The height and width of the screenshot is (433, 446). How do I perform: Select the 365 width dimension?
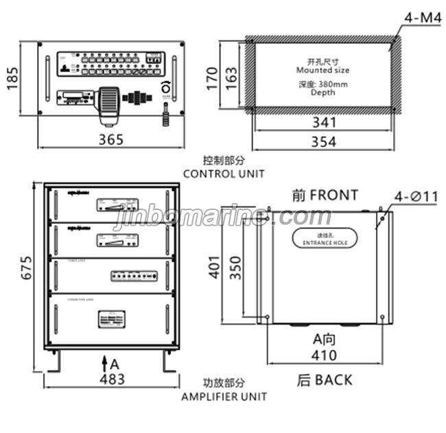pyautogui.click(x=111, y=139)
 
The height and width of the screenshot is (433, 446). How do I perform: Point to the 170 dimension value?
pyautogui.click(x=213, y=75)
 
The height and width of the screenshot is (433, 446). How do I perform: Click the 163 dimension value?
pyautogui.click(x=231, y=75)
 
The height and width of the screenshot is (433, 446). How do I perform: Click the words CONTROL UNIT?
pyautogui.click(x=223, y=174)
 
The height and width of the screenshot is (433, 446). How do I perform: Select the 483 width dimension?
pyautogui.click(x=111, y=378)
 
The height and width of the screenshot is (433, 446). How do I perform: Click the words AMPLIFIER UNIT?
pyautogui.click(x=224, y=396)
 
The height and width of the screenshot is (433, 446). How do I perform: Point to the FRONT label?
pyautogui.click(x=325, y=196)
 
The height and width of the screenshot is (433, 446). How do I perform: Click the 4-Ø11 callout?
pyautogui.click(x=415, y=197)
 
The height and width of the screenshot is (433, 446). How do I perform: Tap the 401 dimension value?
pyautogui.click(x=215, y=266)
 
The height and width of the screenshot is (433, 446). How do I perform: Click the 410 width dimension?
pyautogui.click(x=324, y=355)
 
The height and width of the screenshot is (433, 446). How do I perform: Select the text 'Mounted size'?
pyautogui.click(x=322, y=70)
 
